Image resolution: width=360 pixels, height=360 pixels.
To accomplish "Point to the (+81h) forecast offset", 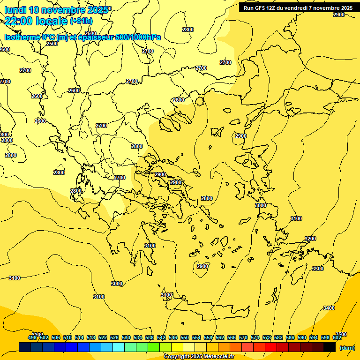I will click(x=81, y=21).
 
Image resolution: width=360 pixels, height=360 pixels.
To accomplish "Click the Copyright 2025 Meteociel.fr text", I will click(x=199, y=357).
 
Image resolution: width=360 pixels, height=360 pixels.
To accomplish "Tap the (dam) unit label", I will click(x=347, y=347).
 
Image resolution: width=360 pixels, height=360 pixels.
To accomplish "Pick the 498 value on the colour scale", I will click(x=32, y=338).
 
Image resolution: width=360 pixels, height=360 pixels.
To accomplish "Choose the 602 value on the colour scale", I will click(x=337, y=338).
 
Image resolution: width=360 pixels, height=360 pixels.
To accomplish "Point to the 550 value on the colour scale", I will click(x=185, y=338).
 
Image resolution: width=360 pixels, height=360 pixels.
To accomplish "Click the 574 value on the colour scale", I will click(x=255, y=338).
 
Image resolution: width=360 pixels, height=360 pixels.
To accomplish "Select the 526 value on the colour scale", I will click(x=114, y=338).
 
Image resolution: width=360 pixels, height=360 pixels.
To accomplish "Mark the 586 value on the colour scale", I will click(x=290, y=338).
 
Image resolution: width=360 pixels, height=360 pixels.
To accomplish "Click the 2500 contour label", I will click(x=52, y=44).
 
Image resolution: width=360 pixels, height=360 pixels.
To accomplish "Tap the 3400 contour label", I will click(x=329, y=308).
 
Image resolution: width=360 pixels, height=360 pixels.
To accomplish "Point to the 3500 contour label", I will click(x=341, y=334).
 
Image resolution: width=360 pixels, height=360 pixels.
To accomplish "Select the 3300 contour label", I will click(x=317, y=269).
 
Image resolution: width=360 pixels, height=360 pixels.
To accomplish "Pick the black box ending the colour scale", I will click(x=330, y=347).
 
